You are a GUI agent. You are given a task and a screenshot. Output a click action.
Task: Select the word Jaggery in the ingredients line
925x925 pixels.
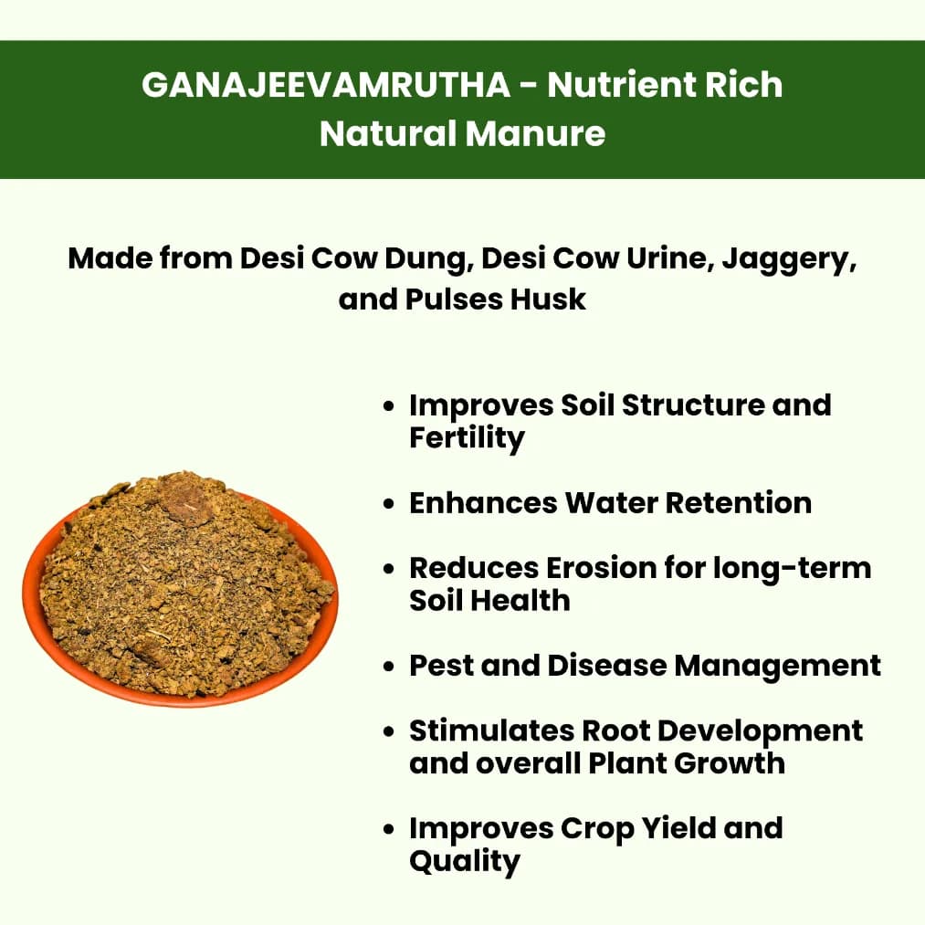pyautogui.click(x=788, y=258)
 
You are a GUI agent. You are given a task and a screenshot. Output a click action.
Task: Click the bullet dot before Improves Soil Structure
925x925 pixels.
pyautogui.click(x=391, y=406)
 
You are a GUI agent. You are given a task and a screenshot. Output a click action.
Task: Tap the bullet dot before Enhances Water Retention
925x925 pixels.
pyautogui.click(x=391, y=504)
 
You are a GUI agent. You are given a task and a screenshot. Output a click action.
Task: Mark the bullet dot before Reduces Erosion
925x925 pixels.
pyautogui.click(x=391, y=569)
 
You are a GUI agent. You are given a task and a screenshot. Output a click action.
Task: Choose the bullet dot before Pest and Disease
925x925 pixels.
pyautogui.click(x=391, y=667)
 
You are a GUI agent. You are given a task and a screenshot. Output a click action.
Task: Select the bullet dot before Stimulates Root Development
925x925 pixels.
pyautogui.click(x=391, y=731)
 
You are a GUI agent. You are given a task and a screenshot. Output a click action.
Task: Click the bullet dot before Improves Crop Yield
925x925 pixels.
pyautogui.click(x=391, y=829)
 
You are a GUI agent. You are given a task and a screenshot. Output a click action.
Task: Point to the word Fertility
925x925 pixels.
pyautogui.click(x=467, y=438)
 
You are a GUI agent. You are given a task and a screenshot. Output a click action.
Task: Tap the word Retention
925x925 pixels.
pyautogui.click(x=737, y=503)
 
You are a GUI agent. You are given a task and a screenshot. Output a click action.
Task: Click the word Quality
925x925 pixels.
pyautogui.click(x=465, y=861)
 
